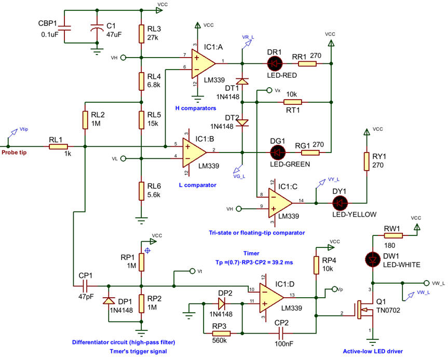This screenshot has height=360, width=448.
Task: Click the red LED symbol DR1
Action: (x=275, y=63)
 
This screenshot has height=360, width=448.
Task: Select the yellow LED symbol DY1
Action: (x=340, y=203)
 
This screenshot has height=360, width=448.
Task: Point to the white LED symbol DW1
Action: (x=373, y=260)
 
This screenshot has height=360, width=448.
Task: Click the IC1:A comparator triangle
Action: (x=203, y=63)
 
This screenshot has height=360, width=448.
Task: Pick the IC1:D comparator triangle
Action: (x=271, y=298)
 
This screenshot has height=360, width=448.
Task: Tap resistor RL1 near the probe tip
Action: (x=58, y=147)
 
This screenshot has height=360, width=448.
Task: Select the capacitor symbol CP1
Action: (x=86, y=286)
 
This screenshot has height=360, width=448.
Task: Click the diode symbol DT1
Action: (x=242, y=81)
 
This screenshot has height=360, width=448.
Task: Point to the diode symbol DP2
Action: (x=221, y=304)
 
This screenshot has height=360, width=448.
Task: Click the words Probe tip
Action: (x=14, y=153)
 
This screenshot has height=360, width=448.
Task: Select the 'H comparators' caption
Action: (x=196, y=108)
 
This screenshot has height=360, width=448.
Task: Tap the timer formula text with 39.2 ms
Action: (x=254, y=262)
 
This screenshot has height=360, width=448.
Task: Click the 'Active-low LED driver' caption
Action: (x=373, y=351)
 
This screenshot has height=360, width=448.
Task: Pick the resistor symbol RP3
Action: (x=222, y=333)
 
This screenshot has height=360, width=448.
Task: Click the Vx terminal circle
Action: (x=269, y=90)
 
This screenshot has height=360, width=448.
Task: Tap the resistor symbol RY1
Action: (x=366, y=162)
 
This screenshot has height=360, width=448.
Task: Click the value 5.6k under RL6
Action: (x=154, y=195)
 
